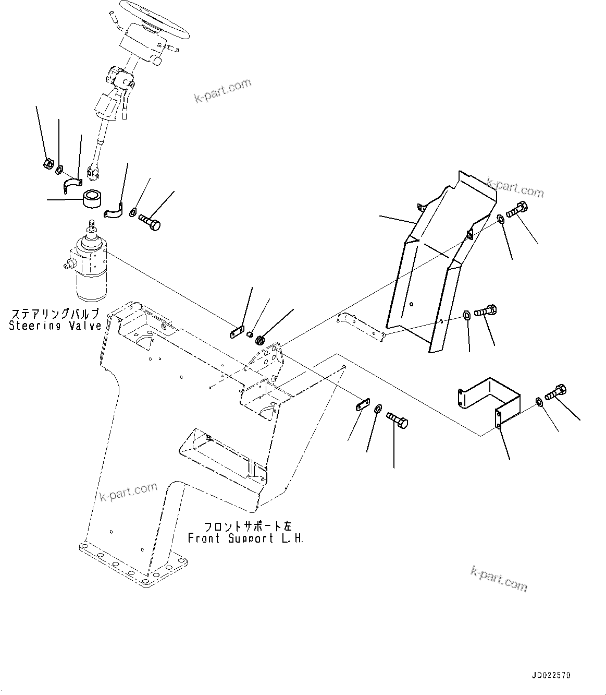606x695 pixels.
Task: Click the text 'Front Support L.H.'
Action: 245,538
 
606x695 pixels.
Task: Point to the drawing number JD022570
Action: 551,675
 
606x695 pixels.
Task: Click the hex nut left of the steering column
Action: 47,164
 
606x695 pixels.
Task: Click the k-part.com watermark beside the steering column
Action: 222,90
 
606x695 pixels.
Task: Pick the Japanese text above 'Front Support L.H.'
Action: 245,526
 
